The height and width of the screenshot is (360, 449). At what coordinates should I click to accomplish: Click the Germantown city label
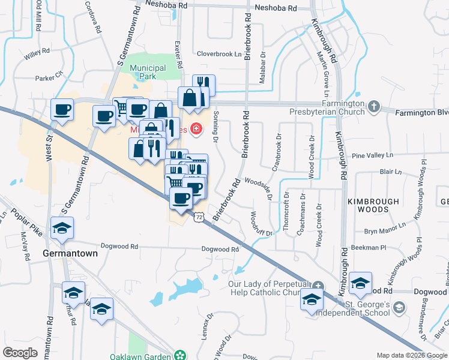[x=70, y=254]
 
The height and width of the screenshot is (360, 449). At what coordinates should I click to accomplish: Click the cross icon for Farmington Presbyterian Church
[x=374, y=107]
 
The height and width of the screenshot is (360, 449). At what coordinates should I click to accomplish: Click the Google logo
[x=20, y=353]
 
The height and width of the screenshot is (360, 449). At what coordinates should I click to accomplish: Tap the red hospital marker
[x=196, y=128]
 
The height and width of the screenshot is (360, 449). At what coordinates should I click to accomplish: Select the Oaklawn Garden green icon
[x=180, y=355]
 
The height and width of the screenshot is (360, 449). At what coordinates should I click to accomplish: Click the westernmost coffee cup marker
[x=62, y=110]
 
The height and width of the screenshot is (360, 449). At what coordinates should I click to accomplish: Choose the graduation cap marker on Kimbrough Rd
[x=360, y=283]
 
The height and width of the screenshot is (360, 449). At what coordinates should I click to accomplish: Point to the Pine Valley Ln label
[x=372, y=155]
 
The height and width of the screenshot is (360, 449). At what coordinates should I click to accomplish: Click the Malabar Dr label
[x=263, y=63]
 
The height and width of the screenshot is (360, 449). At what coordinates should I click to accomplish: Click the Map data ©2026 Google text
[x=411, y=355]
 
